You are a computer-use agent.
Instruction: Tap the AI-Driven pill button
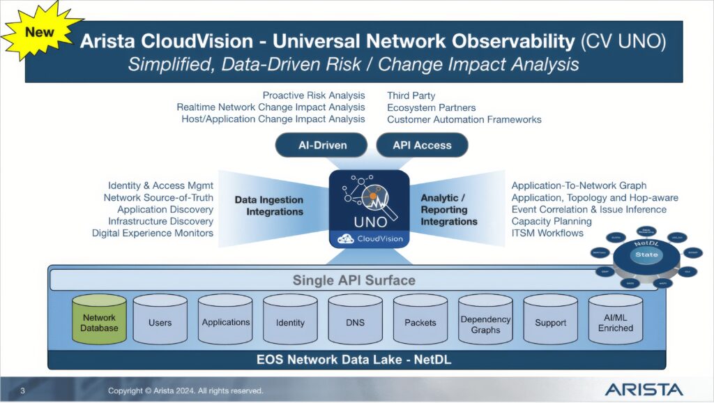point(321,145)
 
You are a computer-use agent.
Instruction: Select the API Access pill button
point(422,145)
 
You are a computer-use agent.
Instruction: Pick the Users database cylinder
point(160,323)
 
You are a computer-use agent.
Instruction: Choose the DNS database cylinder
point(355,323)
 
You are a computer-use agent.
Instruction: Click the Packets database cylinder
point(420,323)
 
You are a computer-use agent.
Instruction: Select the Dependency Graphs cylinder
point(485,324)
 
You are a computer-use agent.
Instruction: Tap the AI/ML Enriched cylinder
point(615,323)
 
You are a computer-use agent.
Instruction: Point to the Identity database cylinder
point(290,323)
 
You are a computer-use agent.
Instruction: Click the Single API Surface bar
point(354,280)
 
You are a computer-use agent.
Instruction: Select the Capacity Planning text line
point(551,221)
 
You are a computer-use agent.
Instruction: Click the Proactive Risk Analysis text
point(313,95)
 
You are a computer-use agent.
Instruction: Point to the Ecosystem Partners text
point(431,107)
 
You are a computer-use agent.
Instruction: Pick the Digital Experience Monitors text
point(152,233)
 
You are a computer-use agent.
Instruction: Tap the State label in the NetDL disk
point(646,254)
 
